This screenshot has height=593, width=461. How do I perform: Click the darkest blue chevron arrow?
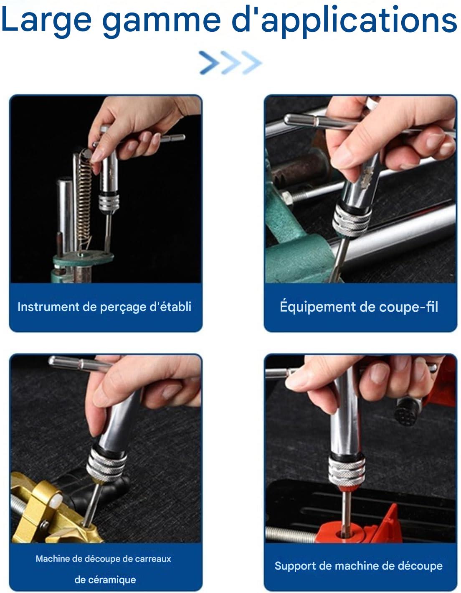click(209, 63)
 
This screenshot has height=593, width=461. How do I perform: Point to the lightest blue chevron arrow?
click(251, 63)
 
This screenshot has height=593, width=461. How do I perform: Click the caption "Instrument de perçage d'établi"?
click(104, 307)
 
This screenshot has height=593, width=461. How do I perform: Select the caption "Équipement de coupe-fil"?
click(359, 307)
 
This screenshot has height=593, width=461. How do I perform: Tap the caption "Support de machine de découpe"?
click(359, 566)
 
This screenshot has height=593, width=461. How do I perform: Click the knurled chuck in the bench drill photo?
click(109, 202)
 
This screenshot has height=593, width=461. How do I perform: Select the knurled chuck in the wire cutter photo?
click(352, 219)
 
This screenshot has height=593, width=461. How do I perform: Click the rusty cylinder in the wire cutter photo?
click(300, 170)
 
